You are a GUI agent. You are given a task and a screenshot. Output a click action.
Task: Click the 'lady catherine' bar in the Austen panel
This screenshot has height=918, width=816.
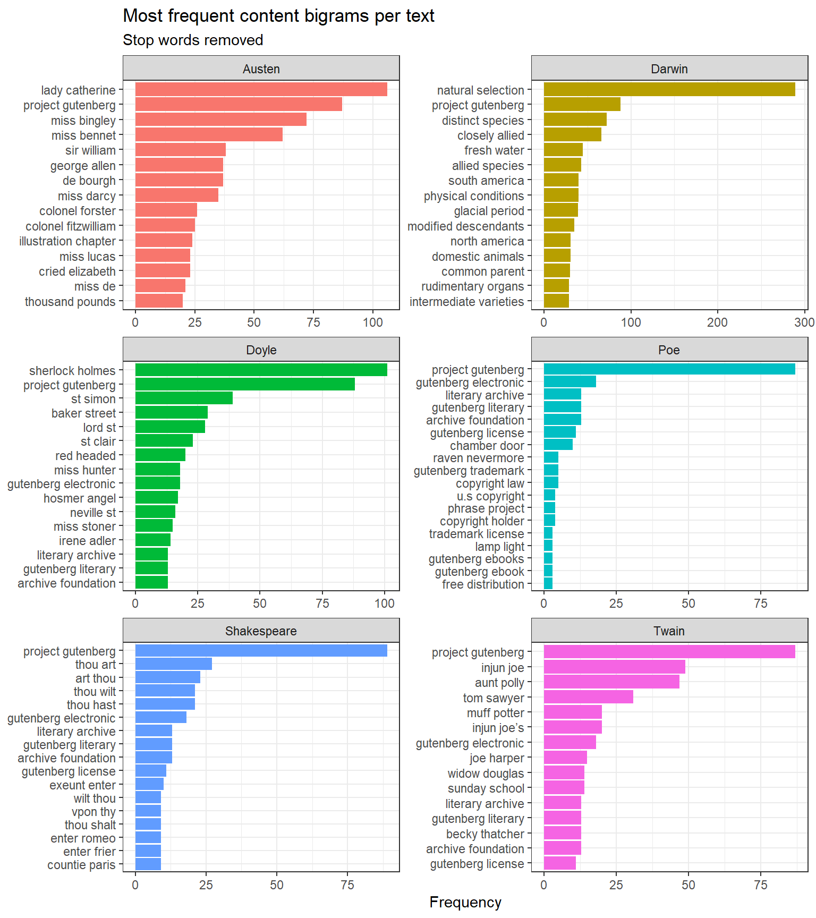click(261, 89)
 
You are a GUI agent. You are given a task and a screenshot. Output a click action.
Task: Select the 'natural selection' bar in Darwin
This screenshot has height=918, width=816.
click(669, 89)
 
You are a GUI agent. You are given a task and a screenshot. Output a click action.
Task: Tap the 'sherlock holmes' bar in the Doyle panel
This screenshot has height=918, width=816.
click(261, 370)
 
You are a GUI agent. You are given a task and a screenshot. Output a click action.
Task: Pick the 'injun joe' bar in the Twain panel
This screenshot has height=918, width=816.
click(614, 667)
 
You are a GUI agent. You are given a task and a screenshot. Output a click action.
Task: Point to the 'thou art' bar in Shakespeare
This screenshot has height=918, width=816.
click(173, 664)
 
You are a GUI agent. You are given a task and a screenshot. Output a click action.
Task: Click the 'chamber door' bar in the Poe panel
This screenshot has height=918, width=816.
click(558, 445)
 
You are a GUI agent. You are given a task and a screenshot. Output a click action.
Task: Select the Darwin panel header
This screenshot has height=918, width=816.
click(669, 69)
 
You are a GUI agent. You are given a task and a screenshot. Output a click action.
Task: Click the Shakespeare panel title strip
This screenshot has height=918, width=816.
click(261, 631)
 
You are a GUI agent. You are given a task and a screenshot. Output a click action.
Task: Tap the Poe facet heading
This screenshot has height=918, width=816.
click(669, 350)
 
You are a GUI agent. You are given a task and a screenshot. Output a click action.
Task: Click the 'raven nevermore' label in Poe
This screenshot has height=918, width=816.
click(478, 458)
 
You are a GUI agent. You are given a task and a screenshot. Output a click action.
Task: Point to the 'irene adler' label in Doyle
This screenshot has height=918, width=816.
click(87, 541)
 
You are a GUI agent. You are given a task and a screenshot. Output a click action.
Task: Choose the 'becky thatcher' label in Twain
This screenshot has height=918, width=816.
click(484, 834)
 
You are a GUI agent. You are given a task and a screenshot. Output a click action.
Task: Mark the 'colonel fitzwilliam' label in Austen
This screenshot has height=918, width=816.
click(70, 226)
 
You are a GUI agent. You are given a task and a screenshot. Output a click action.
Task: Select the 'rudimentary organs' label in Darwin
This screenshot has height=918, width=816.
click(472, 286)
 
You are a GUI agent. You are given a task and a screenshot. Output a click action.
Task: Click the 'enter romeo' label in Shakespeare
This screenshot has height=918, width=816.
click(83, 838)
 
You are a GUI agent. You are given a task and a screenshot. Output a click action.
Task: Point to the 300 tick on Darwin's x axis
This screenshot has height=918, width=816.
click(804, 322)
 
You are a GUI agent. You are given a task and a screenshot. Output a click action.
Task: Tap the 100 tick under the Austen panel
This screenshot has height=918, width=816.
click(373, 322)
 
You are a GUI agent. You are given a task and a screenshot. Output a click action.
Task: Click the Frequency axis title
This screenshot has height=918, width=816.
click(465, 902)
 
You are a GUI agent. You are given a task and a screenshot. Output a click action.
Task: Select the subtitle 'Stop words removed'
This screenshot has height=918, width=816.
click(193, 40)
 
